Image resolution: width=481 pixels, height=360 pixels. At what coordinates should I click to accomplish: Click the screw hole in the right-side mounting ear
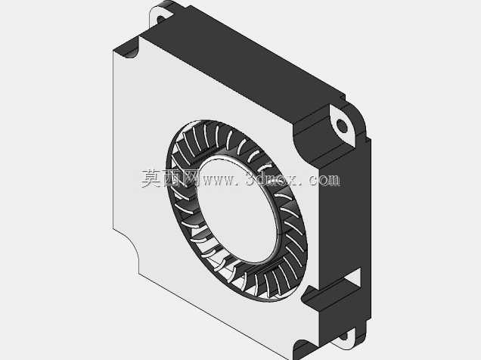coord(342,126)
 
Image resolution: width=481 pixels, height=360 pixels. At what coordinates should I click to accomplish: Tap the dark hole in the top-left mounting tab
coord(161,20)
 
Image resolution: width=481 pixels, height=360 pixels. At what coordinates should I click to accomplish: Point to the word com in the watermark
coord(324,180)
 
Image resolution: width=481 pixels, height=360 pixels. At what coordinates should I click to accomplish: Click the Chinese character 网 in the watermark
coord(191,178)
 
